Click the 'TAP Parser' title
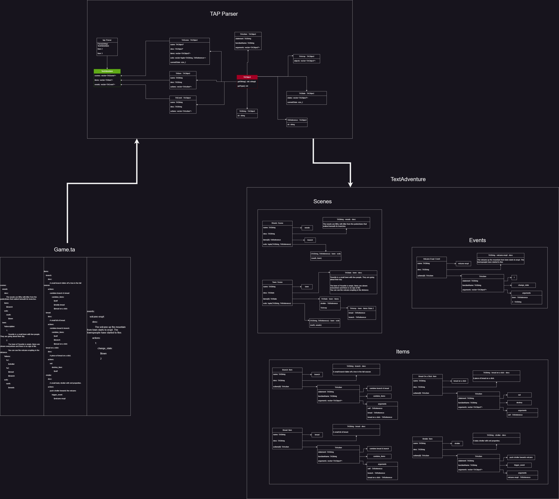pos(224,14)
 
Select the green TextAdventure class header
pos(107,71)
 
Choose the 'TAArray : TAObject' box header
pos(306,56)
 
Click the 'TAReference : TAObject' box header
pos(297,120)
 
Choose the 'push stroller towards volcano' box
pos(521,458)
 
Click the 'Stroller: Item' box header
pos(427,439)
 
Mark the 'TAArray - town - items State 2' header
pos(362,308)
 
